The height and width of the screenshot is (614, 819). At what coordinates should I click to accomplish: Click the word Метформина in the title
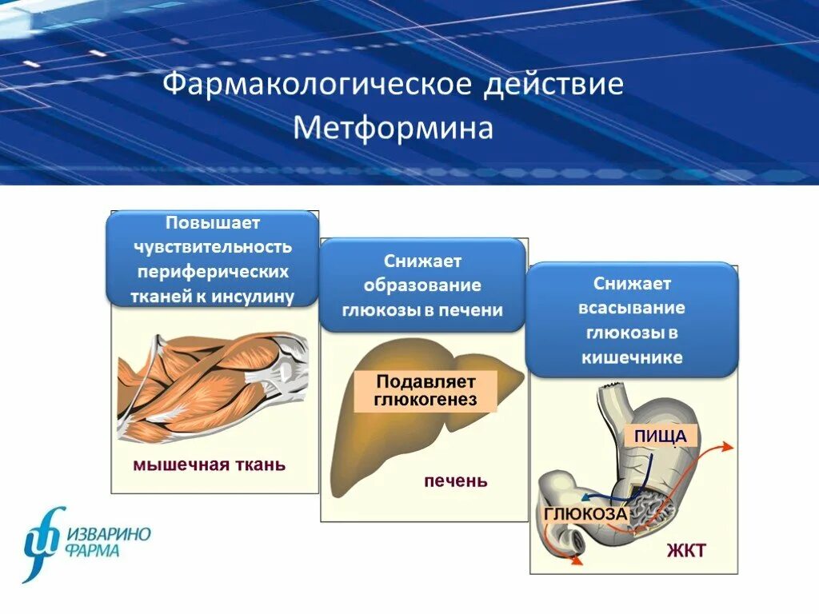click(394, 128)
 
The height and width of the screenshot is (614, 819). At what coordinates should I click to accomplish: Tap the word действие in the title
click(553, 84)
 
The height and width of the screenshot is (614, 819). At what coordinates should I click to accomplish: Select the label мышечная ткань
click(209, 464)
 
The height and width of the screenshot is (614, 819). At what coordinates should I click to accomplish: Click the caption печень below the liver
click(455, 481)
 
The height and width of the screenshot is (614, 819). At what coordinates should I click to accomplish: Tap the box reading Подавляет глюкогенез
click(425, 390)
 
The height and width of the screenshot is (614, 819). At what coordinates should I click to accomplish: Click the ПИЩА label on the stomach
click(661, 437)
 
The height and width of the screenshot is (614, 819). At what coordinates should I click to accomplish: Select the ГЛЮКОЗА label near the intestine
click(585, 514)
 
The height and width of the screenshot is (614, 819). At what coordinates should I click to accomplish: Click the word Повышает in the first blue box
click(212, 222)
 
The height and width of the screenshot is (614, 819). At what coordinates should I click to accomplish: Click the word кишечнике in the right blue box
click(632, 357)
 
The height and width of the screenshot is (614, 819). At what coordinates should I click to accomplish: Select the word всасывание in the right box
click(632, 308)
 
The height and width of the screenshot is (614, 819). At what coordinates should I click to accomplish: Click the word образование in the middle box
click(422, 285)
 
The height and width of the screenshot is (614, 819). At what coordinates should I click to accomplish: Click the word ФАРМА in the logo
click(94, 552)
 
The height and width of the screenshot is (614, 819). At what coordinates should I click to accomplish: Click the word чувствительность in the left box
click(212, 247)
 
